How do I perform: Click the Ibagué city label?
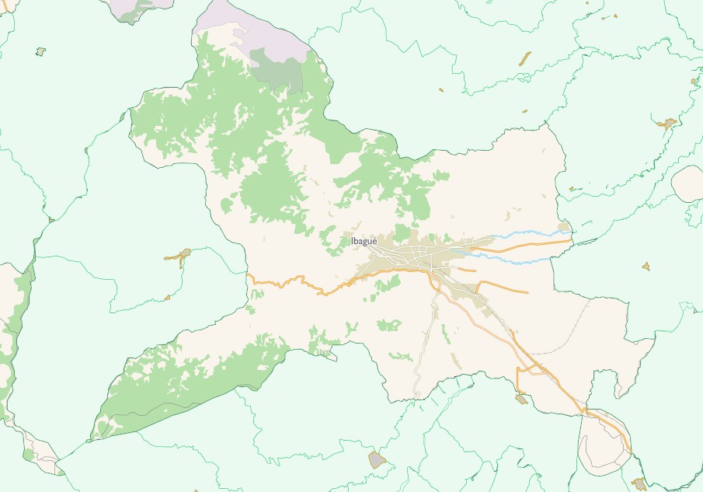tap(364, 241)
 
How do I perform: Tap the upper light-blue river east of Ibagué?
tap(528, 233)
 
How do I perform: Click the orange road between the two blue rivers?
tap(528, 246)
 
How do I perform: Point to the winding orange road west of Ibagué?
tap(295, 281)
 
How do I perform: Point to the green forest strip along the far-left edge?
tap(9, 342)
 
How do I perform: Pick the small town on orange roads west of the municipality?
tap(180, 256)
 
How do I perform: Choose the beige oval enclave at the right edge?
tap(689, 184)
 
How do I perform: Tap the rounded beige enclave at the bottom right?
tap(602, 443)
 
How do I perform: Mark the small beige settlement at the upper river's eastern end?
tap(564, 228)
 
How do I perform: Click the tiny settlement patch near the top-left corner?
tap(40, 51)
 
